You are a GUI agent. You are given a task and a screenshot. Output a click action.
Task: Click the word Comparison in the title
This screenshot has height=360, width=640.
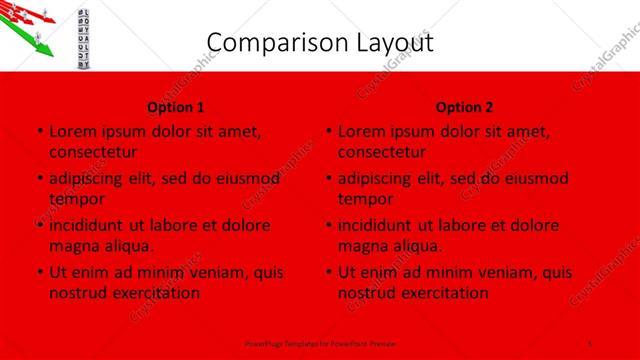(267, 42)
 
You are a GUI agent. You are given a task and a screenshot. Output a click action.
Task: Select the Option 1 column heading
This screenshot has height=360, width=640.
(176, 107)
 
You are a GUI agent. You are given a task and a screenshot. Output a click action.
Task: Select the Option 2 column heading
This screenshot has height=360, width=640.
(465, 107)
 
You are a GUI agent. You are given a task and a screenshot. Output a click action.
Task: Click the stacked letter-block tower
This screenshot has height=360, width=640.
(84, 35)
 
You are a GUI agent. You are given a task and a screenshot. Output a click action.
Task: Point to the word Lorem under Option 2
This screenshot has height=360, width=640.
(362, 131)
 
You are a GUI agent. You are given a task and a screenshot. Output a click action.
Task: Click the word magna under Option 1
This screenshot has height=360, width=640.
(72, 246)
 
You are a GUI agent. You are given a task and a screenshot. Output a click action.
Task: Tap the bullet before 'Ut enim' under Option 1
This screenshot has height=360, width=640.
(38, 272)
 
